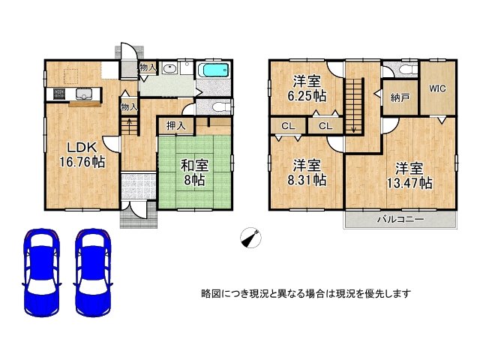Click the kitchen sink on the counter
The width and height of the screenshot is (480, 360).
pyautogui.click(x=84, y=94)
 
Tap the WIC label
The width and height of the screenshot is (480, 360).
pyautogui.click(x=437, y=88)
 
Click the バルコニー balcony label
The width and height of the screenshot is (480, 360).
pyautogui.click(x=400, y=220)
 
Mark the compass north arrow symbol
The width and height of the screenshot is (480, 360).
pyautogui.click(x=251, y=238)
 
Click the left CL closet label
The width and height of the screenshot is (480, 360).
pyautogui.click(x=287, y=126)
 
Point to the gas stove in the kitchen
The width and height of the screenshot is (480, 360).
pyautogui.click(x=58, y=94)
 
